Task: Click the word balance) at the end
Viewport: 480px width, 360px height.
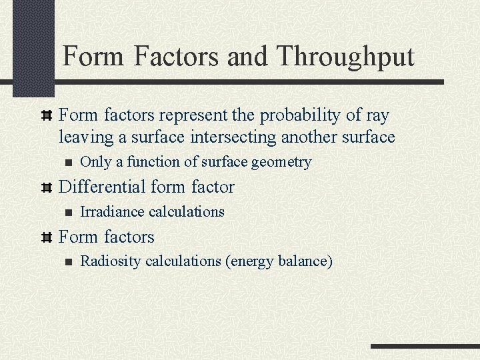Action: [305, 261]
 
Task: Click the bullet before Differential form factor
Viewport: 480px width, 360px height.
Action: [47, 187]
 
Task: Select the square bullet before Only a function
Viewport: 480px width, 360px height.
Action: [65, 163]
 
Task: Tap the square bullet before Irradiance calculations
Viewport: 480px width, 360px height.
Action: [65, 212]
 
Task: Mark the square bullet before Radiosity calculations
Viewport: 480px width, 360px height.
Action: [65, 261]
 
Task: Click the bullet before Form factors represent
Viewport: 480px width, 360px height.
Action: [47, 116]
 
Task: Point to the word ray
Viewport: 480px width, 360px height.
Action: [377, 115]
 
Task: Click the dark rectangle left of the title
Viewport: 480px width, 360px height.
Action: [33, 47]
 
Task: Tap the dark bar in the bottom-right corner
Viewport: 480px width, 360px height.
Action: [425, 347]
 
